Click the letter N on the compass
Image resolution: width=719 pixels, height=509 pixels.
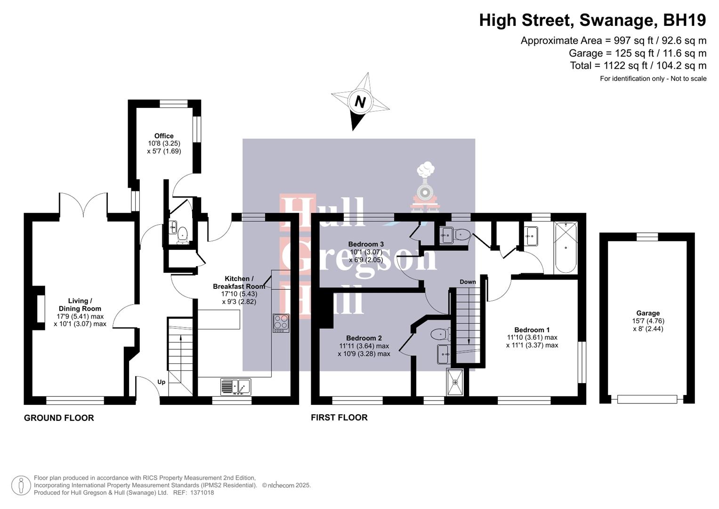360,101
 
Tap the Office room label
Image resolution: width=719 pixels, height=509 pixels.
164,136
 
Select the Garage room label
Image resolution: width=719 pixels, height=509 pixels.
648,313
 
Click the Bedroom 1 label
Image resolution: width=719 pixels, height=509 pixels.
532,330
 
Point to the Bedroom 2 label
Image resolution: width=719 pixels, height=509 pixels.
364,338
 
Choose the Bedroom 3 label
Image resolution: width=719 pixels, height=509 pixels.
366,244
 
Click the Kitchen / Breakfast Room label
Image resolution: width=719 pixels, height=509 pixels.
239,282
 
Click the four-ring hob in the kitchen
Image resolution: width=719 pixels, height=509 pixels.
281,323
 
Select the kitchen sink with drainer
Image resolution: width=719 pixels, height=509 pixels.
235,386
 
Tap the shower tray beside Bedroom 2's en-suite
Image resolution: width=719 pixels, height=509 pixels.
455,382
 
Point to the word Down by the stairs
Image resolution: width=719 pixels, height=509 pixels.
468,282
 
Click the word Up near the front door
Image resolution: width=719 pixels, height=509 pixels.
161,382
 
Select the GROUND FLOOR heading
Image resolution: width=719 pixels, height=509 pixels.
59,418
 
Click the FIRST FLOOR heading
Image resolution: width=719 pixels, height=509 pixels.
339,417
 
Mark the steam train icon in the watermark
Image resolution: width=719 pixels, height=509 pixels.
425,186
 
